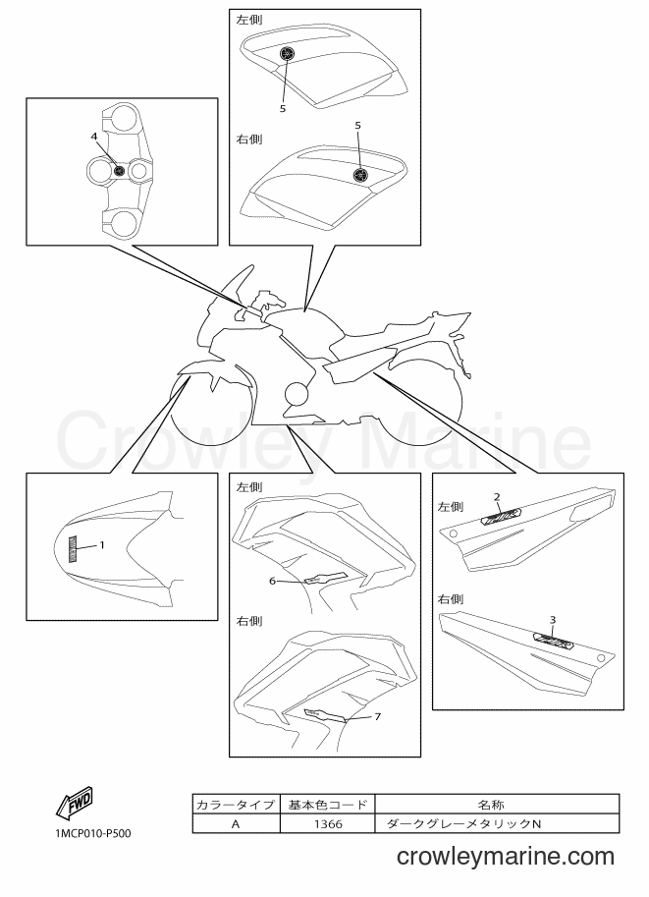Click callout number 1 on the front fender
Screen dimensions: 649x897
pos(102,545)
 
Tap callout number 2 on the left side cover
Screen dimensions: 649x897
pos(497,497)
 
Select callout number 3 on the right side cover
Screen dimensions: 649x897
pos(553,620)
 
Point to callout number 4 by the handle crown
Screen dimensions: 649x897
pos(94,137)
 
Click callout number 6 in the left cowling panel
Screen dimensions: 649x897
pos(273,582)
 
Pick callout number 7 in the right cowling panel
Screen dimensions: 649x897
pos(377,716)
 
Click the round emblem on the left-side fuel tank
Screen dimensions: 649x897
pos(287,54)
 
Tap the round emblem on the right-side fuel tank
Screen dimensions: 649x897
pos(360,174)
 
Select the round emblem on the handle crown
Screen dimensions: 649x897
pos(119,171)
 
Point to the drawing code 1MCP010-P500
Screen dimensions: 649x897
pos(93,833)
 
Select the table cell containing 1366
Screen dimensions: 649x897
pos(328,823)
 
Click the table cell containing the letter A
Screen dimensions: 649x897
pos(236,823)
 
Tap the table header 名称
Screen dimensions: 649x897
pos(491,805)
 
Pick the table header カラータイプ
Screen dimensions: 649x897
pos(236,805)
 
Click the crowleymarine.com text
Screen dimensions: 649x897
pos(506,857)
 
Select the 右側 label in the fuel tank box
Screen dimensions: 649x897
pos(249,139)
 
